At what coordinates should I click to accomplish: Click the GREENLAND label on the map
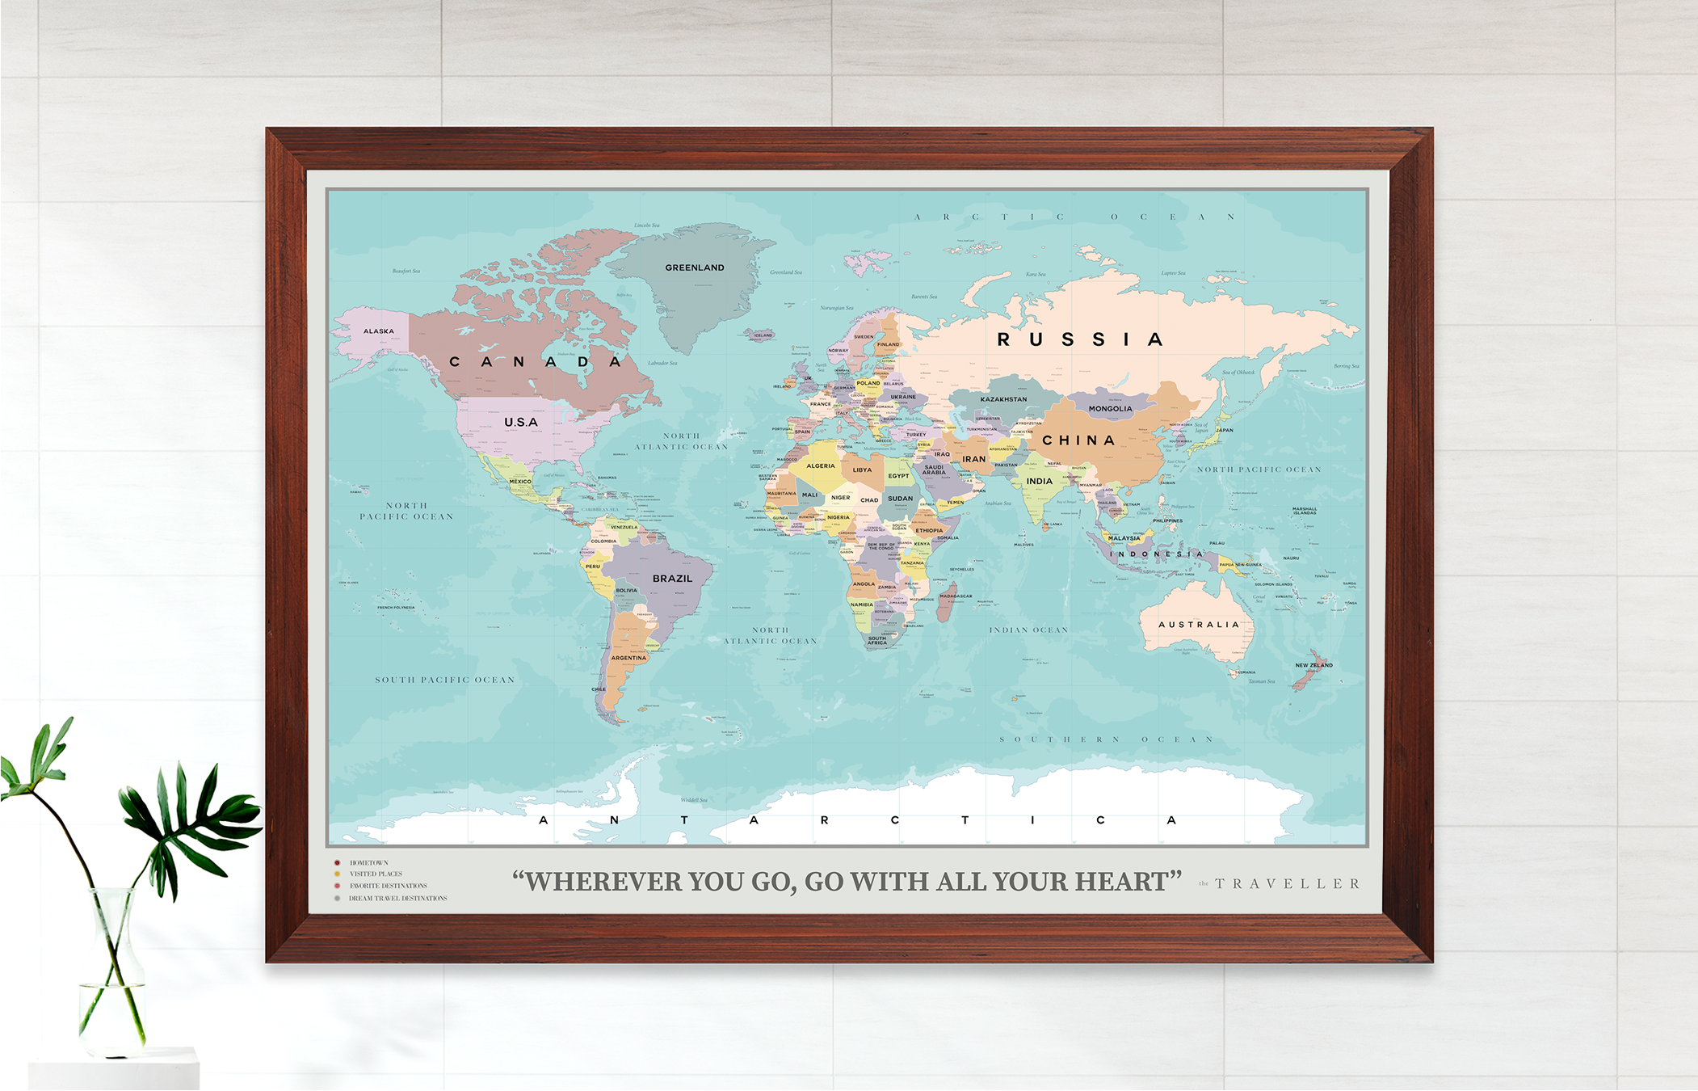tap(694, 267)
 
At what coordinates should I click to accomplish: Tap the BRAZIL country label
tap(672, 579)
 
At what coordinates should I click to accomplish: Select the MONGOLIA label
tap(1110, 409)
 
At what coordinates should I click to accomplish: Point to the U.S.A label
tap(520, 422)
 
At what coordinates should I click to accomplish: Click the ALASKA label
tap(378, 331)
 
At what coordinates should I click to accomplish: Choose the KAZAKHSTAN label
tap(1003, 399)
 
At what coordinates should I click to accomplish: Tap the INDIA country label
tap(1039, 481)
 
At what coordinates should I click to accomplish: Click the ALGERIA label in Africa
tap(820, 466)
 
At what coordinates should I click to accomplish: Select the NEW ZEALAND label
tap(1313, 665)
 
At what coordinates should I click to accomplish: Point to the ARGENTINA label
tap(628, 658)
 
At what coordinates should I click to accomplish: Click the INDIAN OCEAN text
tap(1028, 630)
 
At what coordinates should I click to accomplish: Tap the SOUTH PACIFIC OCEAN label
tap(444, 680)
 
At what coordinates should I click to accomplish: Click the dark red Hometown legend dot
tap(337, 863)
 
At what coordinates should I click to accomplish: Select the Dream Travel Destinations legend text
tap(397, 899)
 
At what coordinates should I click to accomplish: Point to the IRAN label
tap(973, 459)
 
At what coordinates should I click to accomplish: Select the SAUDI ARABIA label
tap(934, 470)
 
